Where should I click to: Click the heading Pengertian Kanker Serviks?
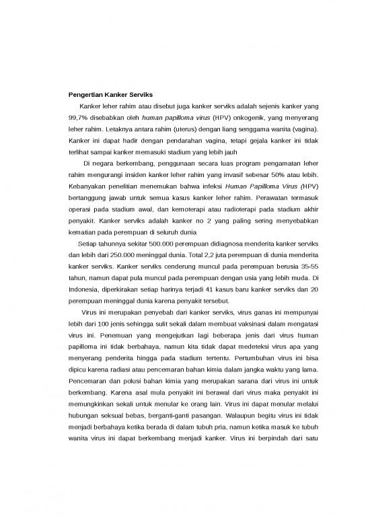pos(111,93)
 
